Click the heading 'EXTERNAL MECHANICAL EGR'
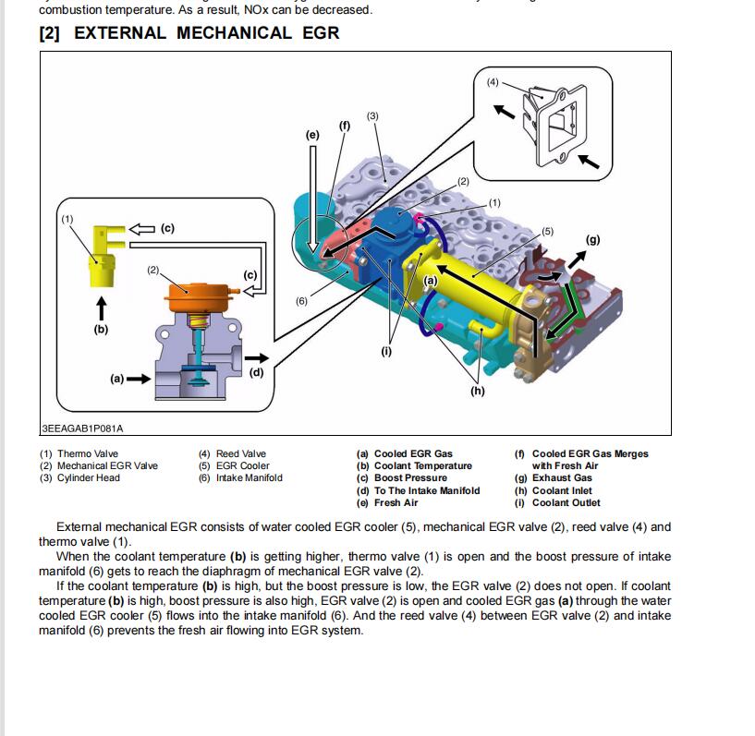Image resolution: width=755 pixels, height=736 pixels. point(189,33)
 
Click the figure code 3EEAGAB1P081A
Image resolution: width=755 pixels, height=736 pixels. point(82,428)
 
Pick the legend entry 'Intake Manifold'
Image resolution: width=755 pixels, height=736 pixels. point(240,477)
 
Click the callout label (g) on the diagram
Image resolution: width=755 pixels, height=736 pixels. point(593,240)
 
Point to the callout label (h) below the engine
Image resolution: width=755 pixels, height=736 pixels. point(477,391)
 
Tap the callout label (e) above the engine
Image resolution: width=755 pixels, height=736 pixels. point(312,135)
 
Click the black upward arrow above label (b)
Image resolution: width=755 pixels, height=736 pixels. point(101,307)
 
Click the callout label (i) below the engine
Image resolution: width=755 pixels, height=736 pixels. point(386,351)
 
